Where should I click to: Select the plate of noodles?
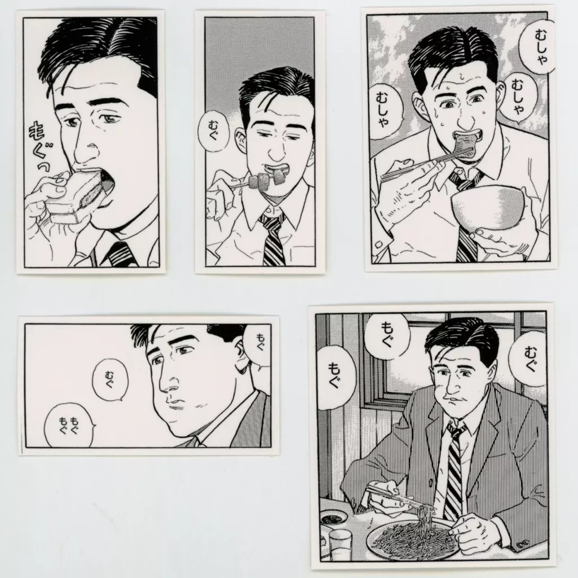(x=413, y=537)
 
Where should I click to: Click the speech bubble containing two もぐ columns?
(x=68, y=424)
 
